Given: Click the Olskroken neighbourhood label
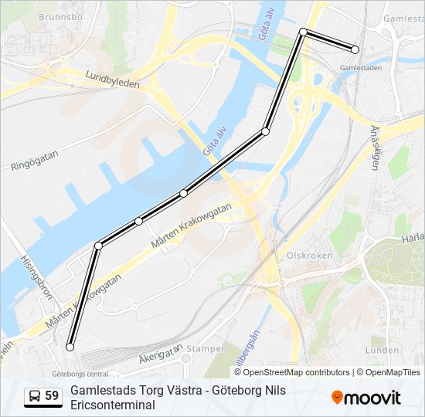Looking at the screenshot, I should [309, 255].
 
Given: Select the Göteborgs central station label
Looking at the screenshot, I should [80, 373].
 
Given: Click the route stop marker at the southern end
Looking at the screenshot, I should [70, 347].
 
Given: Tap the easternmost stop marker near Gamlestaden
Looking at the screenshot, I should [355, 49].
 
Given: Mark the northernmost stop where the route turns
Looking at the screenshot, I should [304, 32].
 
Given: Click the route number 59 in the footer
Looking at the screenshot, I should [52, 396].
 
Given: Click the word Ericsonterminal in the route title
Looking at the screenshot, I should [112, 405].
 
